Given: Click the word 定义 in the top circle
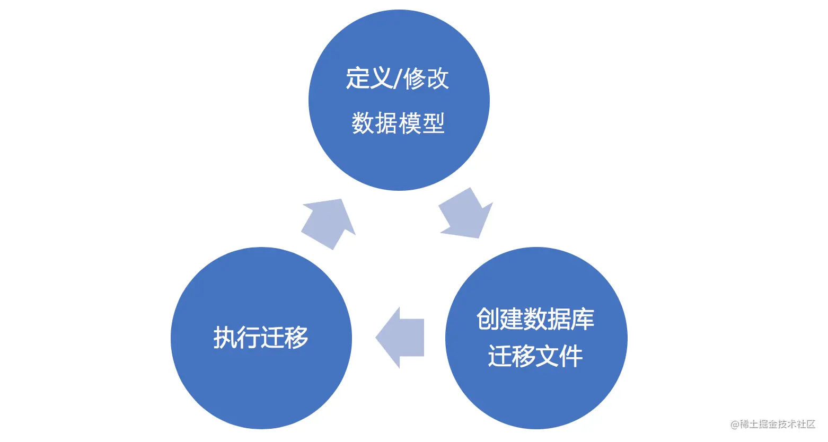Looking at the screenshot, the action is click(x=369, y=78).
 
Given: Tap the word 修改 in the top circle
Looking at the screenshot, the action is click(x=426, y=78).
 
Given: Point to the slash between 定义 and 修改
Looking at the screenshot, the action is click(x=398, y=79).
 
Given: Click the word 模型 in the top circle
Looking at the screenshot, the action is click(x=421, y=123).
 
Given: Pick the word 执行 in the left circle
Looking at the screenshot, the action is click(x=237, y=337).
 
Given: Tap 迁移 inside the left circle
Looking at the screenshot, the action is click(x=284, y=337).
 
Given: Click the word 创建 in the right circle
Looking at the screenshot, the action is click(x=500, y=319).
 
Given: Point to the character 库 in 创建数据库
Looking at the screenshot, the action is click(x=583, y=319).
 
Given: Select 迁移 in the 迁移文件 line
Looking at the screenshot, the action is click(x=512, y=356).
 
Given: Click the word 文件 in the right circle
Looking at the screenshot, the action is click(x=559, y=356).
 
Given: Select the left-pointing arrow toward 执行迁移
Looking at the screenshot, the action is click(x=400, y=338).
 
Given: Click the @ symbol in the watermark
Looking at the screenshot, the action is click(x=735, y=425).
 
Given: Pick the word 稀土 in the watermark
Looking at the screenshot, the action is click(x=749, y=424).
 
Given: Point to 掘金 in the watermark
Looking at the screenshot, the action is click(x=768, y=424).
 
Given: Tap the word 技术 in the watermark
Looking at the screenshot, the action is click(x=787, y=424).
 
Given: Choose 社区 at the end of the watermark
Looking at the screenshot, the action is click(x=806, y=424).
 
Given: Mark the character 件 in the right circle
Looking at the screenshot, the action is click(x=571, y=356).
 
